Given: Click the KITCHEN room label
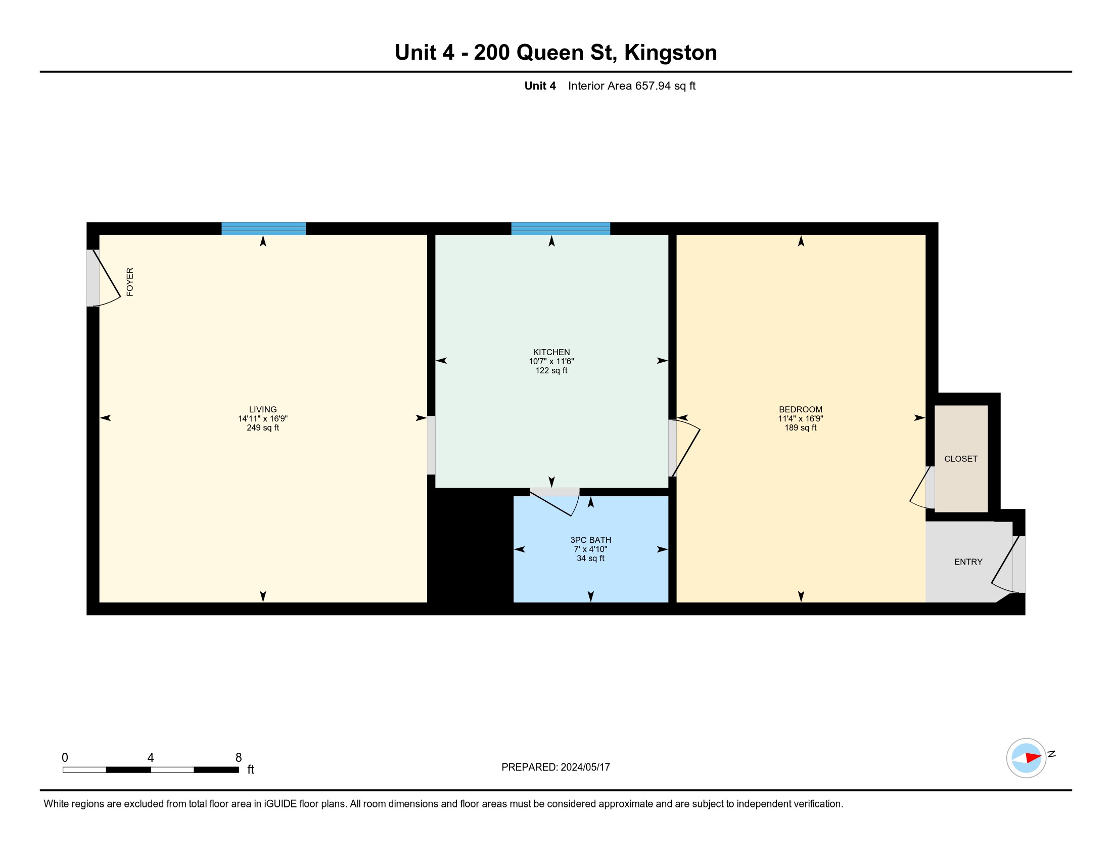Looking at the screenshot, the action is point(551,352).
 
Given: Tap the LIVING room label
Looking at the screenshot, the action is point(263,409).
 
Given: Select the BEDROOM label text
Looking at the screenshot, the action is point(801,409).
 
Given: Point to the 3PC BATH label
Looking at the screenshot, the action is point(590,540).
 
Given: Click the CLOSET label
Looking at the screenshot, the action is point(961,459).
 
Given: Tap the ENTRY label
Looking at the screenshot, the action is point(968,562).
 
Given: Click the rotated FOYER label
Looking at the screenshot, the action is point(130,282).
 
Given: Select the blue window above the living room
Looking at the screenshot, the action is point(263,229).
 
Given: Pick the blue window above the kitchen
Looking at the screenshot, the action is point(561,229).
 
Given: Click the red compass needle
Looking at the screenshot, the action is point(1034,758).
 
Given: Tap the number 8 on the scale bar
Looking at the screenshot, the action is point(238,758).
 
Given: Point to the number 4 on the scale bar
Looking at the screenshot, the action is point(150,758).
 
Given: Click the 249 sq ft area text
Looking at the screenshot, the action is point(263,427).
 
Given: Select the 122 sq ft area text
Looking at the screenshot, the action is point(551,370).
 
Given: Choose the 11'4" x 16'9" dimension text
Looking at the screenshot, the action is point(801,418).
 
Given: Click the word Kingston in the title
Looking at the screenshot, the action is point(671,53).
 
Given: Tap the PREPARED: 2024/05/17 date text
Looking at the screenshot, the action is point(555,767).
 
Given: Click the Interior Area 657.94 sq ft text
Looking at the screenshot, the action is point(631,85).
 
